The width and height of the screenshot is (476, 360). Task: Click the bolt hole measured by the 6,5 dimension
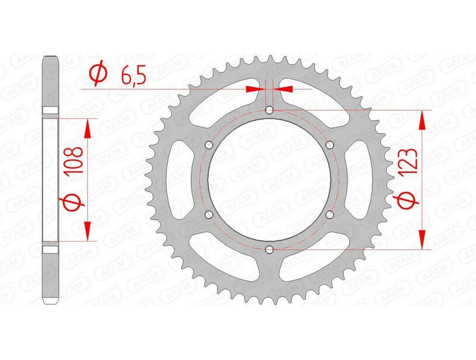[270, 110]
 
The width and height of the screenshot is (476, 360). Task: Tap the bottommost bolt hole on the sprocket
[270, 249]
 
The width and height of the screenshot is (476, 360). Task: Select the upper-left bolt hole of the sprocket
[209, 145]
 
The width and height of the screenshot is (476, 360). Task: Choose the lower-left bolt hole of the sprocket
[209, 214]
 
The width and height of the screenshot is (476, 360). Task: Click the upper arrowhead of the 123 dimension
[423, 119]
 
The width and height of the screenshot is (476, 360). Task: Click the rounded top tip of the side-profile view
[51, 58]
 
